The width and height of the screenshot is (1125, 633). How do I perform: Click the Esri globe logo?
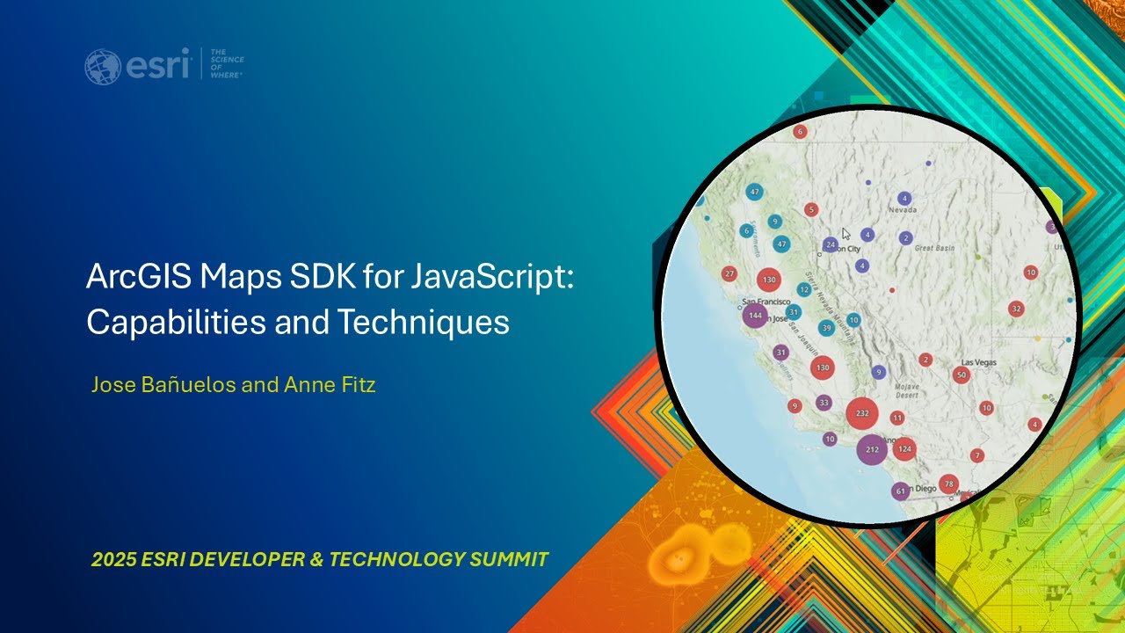pos(103,67)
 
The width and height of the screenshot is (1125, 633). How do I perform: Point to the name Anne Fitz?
pos(330,384)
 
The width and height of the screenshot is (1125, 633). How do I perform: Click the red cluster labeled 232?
pos(862,413)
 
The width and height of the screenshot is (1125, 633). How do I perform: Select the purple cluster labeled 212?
pos(872,449)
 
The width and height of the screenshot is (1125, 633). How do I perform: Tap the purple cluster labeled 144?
pos(755,315)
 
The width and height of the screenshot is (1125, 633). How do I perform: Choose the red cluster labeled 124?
pos(904,449)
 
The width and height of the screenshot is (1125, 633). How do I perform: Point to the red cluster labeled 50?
pos(962,375)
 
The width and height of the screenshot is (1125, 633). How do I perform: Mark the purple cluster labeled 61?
pos(900,491)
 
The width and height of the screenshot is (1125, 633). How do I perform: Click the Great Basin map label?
pos(934,249)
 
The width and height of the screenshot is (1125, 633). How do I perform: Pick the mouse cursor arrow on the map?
pos(846,234)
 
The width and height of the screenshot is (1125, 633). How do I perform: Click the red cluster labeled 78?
pos(948,484)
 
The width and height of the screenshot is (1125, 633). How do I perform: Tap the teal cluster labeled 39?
pos(826,328)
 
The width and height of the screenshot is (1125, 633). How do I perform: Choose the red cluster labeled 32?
pos(1016,309)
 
